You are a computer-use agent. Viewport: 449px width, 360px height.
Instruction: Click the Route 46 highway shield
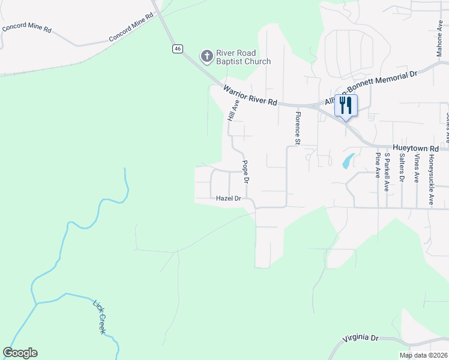click(x=177, y=49)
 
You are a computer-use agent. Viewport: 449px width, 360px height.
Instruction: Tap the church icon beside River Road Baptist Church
click(x=206, y=56)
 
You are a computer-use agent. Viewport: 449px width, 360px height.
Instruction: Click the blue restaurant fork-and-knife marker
click(x=346, y=106)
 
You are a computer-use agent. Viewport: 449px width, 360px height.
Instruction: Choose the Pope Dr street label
click(x=246, y=171)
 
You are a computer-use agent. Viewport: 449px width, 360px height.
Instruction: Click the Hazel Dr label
click(x=228, y=198)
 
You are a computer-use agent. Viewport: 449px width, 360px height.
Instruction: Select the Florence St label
click(x=297, y=127)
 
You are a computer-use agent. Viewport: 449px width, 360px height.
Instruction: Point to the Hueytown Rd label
click(x=415, y=147)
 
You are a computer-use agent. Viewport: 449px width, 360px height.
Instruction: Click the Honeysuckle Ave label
click(x=431, y=173)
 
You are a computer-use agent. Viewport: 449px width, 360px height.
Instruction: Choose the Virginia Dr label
click(x=361, y=338)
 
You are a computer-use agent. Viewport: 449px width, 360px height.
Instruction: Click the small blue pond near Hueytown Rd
click(x=348, y=161)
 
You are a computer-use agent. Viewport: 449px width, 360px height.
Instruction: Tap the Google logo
click(x=20, y=353)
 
